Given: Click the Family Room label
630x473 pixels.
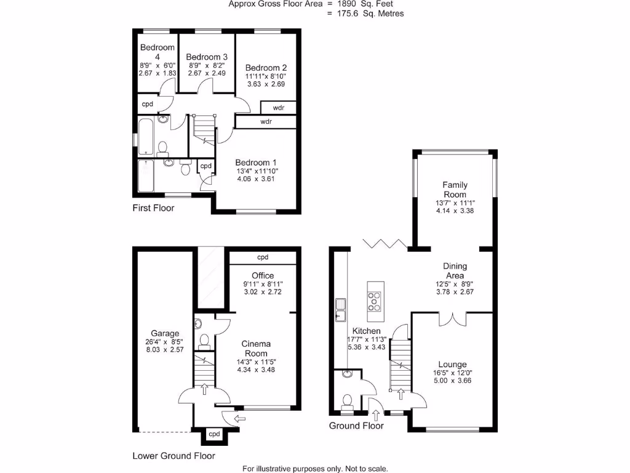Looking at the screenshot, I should (x=455, y=190).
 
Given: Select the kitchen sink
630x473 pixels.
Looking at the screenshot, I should (x=340, y=309).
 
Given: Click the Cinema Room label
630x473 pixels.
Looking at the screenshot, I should (x=255, y=349).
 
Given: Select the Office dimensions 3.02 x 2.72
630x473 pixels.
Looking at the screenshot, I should (x=263, y=293).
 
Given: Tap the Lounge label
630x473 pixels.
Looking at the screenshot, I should (x=452, y=365).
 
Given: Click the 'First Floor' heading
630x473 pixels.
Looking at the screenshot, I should (x=154, y=208).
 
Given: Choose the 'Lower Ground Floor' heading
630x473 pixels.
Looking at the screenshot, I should (x=174, y=456).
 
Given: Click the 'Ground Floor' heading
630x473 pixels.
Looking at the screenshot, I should (x=356, y=426).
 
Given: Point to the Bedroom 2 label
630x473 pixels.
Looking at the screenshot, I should (x=266, y=68).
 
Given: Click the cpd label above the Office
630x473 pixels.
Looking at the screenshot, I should (x=263, y=257).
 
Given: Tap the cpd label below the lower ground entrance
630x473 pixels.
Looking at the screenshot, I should (x=214, y=434).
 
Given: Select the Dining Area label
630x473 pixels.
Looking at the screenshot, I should (x=455, y=271).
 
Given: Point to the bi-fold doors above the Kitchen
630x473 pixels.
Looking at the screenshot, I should (x=384, y=243).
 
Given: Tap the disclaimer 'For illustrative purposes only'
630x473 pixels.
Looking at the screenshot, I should (x=315, y=469).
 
